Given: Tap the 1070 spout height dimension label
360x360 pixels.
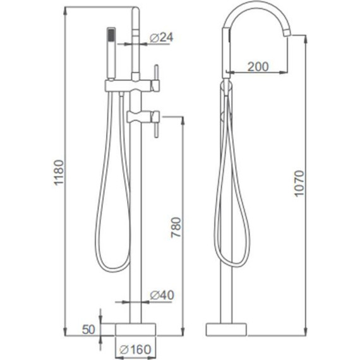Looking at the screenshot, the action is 299,183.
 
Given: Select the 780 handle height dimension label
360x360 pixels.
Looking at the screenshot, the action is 176,227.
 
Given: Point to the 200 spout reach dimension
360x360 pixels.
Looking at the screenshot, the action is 258,67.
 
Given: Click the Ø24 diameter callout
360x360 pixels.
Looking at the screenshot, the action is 162,38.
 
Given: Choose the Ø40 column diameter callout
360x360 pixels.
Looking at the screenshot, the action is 162,295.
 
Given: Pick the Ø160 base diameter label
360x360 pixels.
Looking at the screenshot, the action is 135,349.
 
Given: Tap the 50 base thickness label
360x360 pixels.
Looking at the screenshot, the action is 88,330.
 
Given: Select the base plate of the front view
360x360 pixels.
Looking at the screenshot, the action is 135,330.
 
